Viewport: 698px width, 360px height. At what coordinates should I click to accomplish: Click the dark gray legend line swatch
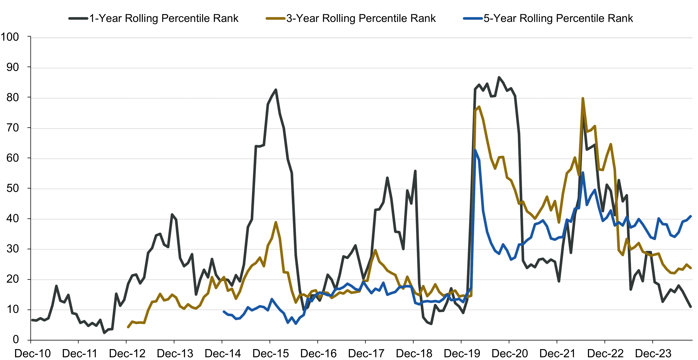(x=78, y=18)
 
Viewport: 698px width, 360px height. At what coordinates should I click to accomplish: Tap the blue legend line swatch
(x=473, y=18)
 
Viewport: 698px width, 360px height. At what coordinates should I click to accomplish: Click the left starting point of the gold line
(x=128, y=327)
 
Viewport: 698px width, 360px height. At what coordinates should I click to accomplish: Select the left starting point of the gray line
(x=32, y=320)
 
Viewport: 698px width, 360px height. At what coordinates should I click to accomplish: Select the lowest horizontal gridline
(x=362, y=310)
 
